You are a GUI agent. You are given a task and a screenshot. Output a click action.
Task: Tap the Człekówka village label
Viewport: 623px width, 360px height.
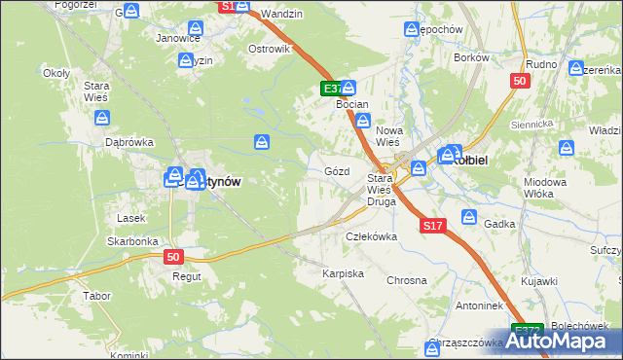[x=372, y=236]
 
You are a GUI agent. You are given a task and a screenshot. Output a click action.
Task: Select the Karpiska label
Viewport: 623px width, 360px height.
[x=343, y=274]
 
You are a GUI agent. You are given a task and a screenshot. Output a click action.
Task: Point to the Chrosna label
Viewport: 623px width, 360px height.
[x=407, y=280]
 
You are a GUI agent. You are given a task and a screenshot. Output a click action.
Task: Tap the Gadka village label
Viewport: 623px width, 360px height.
[x=498, y=223]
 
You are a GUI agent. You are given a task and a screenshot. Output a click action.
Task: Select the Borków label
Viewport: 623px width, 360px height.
[x=471, y=57]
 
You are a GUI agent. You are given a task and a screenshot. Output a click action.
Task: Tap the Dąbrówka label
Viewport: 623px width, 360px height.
[x=129, y=142]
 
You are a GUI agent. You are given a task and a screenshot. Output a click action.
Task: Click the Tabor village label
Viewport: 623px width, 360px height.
[x=96, y=295]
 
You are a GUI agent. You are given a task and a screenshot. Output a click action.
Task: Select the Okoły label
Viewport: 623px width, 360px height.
[x=56, y=73]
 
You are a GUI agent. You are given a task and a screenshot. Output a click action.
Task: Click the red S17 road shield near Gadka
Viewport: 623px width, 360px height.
[x=434, y=226]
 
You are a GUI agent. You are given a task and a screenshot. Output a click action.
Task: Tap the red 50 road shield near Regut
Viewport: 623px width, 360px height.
[x=173, y=257]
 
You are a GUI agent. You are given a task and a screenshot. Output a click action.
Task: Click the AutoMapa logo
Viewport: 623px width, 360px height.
[x=565, y=341]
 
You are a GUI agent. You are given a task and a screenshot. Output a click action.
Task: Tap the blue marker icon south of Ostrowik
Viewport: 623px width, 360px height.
[x=262, y=143]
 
